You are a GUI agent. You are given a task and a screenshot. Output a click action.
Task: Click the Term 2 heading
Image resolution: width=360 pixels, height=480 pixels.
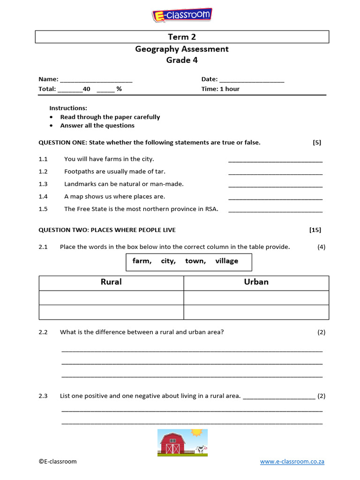[182, 37]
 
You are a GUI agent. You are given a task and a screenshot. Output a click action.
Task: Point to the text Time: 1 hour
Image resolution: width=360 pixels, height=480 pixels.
[220, 89]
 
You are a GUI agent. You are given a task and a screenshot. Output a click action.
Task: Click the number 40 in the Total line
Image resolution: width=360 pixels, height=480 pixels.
[86, 89]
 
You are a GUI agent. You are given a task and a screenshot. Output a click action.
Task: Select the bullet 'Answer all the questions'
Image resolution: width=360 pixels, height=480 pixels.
[97, 126]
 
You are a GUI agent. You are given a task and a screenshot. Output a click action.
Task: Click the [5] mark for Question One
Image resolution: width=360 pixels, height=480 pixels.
[317, 142]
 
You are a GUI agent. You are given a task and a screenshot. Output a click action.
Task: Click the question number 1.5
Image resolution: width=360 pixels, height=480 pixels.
[43, 209]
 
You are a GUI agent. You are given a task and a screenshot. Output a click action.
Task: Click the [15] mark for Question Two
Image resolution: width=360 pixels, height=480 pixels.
[315, 230]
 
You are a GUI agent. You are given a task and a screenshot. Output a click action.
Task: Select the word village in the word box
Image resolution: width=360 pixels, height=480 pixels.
[226, 261]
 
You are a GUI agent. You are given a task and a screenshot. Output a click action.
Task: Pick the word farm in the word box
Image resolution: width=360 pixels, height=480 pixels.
[142, 261]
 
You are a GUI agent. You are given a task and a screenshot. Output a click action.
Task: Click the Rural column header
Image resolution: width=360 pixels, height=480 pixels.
[111, 282]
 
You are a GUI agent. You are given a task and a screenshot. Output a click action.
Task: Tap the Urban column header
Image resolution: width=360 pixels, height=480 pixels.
[256, 282]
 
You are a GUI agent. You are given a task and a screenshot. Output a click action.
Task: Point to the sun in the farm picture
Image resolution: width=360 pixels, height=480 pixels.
[196, 433]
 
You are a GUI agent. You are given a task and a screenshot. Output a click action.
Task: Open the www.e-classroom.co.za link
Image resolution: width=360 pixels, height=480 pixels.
[292, 462]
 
